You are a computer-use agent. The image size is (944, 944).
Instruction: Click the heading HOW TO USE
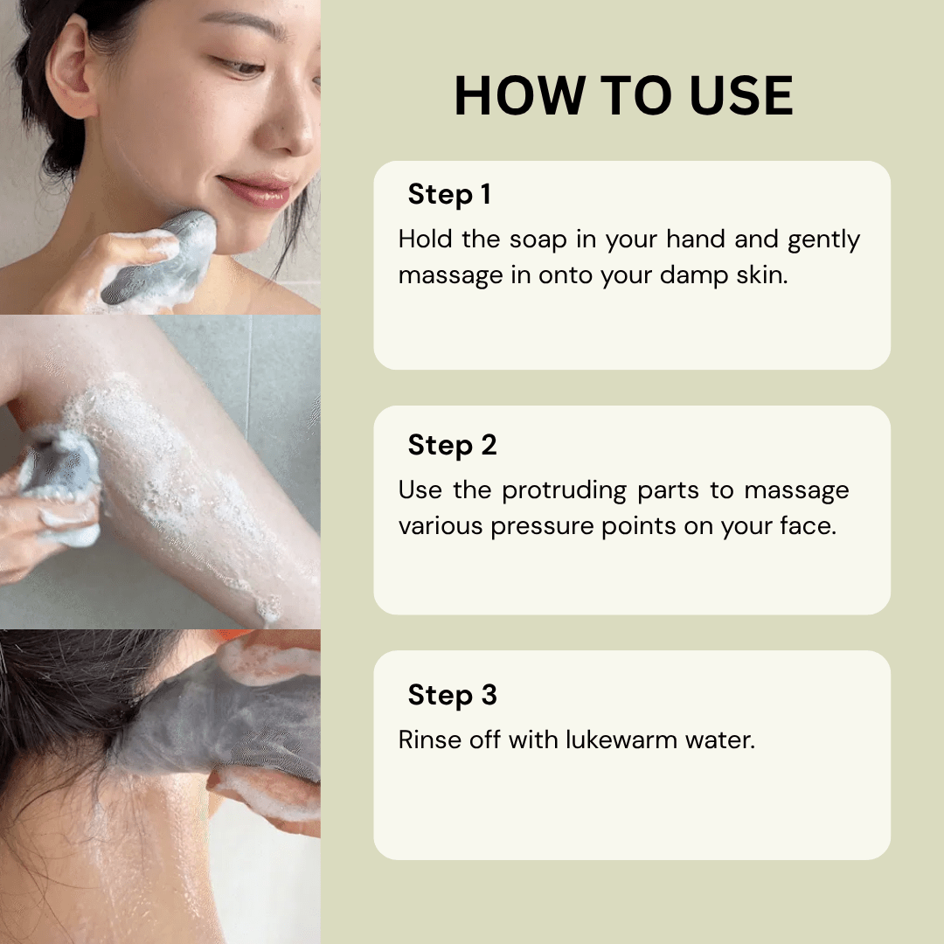(x=623, y=96)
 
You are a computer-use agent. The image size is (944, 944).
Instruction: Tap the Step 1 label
(x=448, y=195)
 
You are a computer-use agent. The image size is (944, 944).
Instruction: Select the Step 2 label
(x=452, y=445)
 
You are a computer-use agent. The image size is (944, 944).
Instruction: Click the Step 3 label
(x=452, y=695)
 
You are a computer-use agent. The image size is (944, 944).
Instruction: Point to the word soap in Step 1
(x=538, y=239)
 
